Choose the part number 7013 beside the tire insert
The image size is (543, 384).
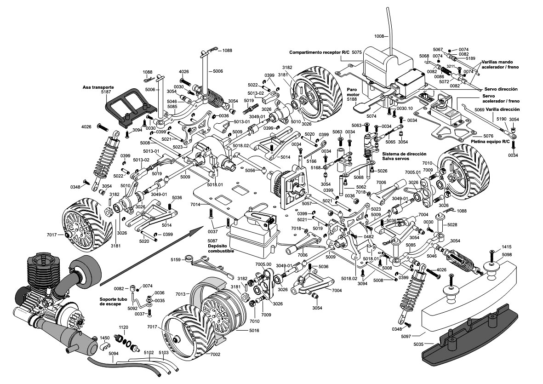(180, 293)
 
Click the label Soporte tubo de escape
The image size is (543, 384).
(113, 301)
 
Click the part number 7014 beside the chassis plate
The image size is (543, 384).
(195, 204)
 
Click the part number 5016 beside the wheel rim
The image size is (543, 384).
(254, 330)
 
